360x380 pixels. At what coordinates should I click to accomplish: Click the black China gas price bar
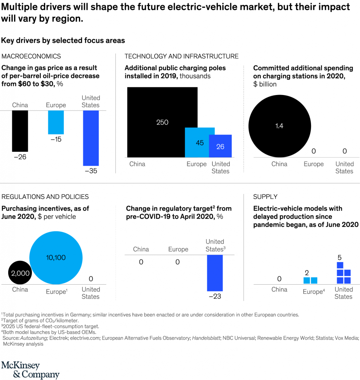(x=20, y=131)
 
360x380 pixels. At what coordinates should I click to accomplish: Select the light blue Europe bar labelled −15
(x=56, y=122)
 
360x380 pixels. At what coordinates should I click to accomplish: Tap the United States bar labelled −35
(x=91, y=138)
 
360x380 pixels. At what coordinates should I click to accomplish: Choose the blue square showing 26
(x=221, y=146)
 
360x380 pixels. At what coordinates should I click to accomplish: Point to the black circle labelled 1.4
(x=279, y=126)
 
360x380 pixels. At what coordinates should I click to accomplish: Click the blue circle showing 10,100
(x=56, y=257)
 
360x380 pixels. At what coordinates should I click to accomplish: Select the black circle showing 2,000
(x=20, y=273)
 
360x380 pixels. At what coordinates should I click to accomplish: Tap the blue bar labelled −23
(x=215, y=273)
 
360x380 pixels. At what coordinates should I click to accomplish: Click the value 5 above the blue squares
(x=340, y=257)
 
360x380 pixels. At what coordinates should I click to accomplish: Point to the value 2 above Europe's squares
(x=307, y=273)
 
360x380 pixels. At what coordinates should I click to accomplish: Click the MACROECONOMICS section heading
(x=31, y=56)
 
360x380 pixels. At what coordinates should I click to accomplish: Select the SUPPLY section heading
(x=265, y=197)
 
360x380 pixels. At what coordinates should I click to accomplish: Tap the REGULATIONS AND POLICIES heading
(x=45, y=197)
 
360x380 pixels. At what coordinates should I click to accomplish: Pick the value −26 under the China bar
(x=20, y=157)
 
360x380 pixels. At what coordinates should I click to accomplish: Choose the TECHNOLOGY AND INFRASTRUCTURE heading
(x=182, y=56)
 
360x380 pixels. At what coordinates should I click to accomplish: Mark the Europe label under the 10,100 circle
(x=56, y=292)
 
